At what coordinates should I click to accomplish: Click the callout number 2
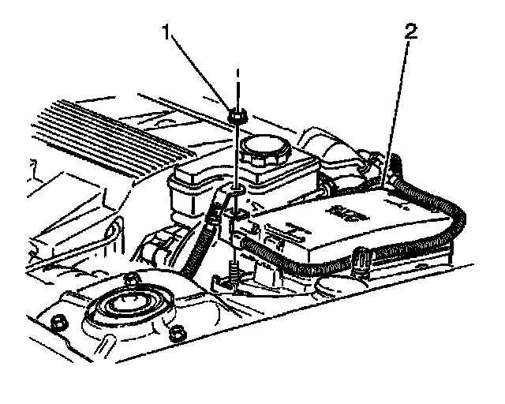pyautogui.click(x=410, y=34)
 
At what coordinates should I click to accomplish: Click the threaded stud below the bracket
pyautogui.click(x=235, y=272)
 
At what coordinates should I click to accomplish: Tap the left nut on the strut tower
pyautogui.click(x=58, y=322)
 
